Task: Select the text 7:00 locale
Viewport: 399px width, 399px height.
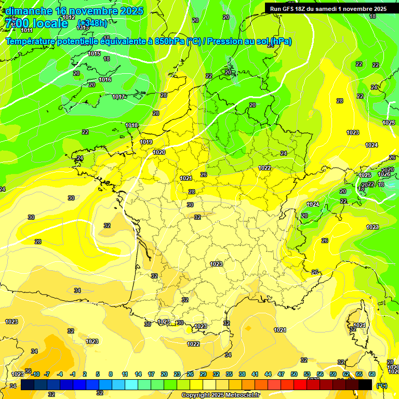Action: (x=36, y=23)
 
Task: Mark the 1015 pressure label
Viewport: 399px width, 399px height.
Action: (x=94, y=54)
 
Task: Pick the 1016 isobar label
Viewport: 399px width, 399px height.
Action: (x=105, y=79)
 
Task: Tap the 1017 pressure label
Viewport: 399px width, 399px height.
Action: (x=118, y=97)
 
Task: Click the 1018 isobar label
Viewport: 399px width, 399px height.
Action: (x=131, y=125)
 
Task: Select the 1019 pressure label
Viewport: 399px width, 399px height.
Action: (x=146, y=142)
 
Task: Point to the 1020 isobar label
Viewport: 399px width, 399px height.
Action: (x=159, y=152)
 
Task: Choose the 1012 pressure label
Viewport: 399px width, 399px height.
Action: (x=69, y=18)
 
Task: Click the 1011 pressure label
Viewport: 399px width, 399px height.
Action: (x=27, y=30)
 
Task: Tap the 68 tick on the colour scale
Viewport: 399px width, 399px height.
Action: (x=372, y=374)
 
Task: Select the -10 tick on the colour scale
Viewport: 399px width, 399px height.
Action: (x=35, y=374)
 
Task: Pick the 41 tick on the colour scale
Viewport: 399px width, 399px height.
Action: (x=255, y=374)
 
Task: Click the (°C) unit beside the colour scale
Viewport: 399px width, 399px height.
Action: (x=382, y=385)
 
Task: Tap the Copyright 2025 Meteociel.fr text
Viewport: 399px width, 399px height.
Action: (x=221, y=395)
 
